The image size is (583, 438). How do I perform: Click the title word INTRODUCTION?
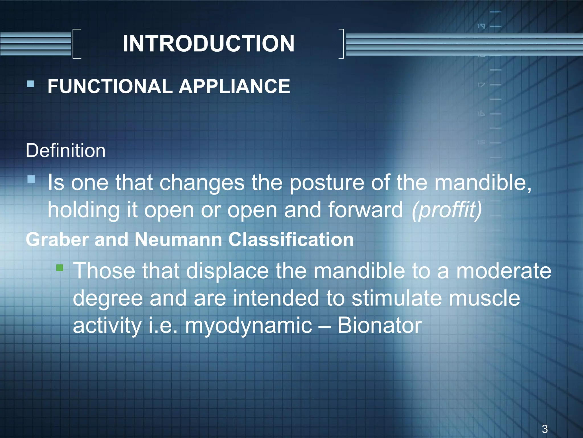click(x=208, y=44)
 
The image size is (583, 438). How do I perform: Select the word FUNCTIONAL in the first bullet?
click(x=110, y=86)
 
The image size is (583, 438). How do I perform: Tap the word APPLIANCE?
click(x=234, y=86)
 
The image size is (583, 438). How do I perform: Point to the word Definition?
click(x=65, y=151)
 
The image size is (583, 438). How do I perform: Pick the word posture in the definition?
click(x=327, y=183)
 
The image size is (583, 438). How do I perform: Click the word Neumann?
click(x=178, y=239)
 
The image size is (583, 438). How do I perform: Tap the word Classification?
click(x=291, y=239)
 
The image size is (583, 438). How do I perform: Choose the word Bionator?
click(x=379, y=325)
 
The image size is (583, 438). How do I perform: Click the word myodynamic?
click(x=249, y=326)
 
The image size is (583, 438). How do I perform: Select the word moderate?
click(x=504, y=271)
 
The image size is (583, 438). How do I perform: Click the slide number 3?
click(x=545, y=429)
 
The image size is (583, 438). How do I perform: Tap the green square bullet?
click(x=59, y=267)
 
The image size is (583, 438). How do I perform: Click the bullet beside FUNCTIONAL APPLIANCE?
click(x=30, y=84)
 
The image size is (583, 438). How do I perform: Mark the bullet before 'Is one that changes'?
click(x=31, y=179)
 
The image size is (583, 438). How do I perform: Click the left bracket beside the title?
click(x=76, y=44)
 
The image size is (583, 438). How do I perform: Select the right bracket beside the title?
click(x=341, y=44)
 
